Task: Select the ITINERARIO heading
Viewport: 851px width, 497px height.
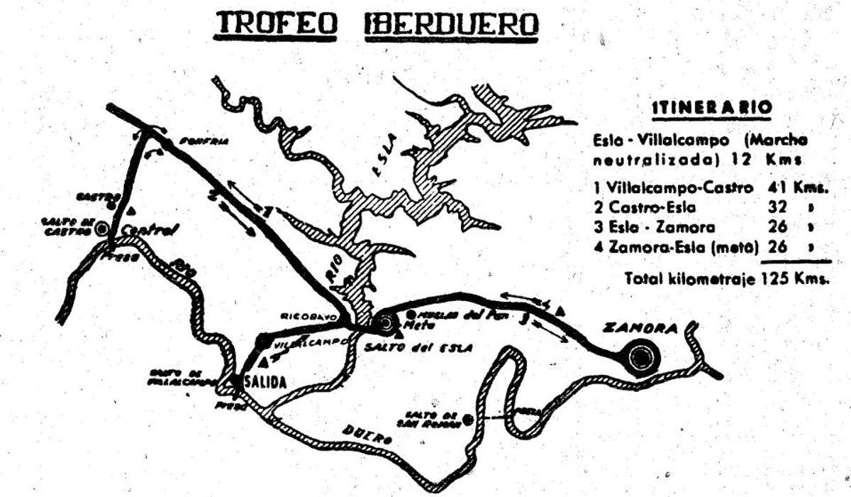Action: click(x=711, y=109)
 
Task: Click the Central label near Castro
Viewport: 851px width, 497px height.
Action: click(x=148, y=229)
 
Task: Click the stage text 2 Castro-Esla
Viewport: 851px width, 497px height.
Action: click(x=645, y=209)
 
